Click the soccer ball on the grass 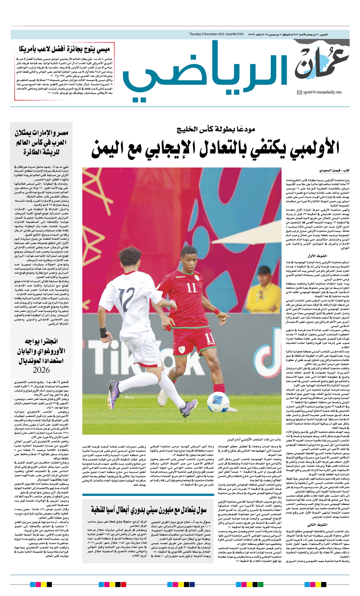[218, 405]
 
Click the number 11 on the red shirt [191, 298]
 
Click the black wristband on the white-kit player [103, 333]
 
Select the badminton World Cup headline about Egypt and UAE [42, 142]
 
